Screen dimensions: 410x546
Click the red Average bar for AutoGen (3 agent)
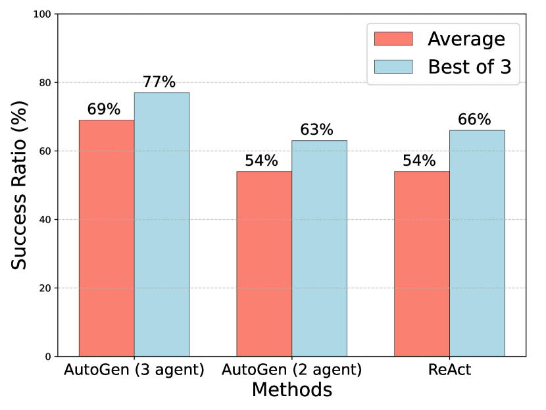(x=107, y=238)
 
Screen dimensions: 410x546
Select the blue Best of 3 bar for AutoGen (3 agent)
(x=162, y=224)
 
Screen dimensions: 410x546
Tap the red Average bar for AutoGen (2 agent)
(x=264, y=264)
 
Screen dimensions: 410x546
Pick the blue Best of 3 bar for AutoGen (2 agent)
(x=319, y=248)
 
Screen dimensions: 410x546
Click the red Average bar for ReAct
(x=422, y=264)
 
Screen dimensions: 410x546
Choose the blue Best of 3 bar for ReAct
(x=477, y=243)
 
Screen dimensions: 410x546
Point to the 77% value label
(x=159, y=82)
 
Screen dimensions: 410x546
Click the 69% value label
(x=104, y=109)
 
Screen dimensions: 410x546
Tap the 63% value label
(x=317, y=130)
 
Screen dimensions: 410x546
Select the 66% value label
(x=475, y=120)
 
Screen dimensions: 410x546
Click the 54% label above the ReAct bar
(x=420, y=161)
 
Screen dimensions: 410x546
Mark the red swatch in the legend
(x=393, y=39)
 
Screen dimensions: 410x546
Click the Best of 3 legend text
(x=469, y=67)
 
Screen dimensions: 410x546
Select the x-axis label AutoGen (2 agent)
(x=291, y=370)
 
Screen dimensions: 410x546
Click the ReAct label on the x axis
(x=449, y=370)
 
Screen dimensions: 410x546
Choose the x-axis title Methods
(x=291, y=390)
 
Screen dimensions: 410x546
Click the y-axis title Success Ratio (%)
(x=20, y=186)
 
